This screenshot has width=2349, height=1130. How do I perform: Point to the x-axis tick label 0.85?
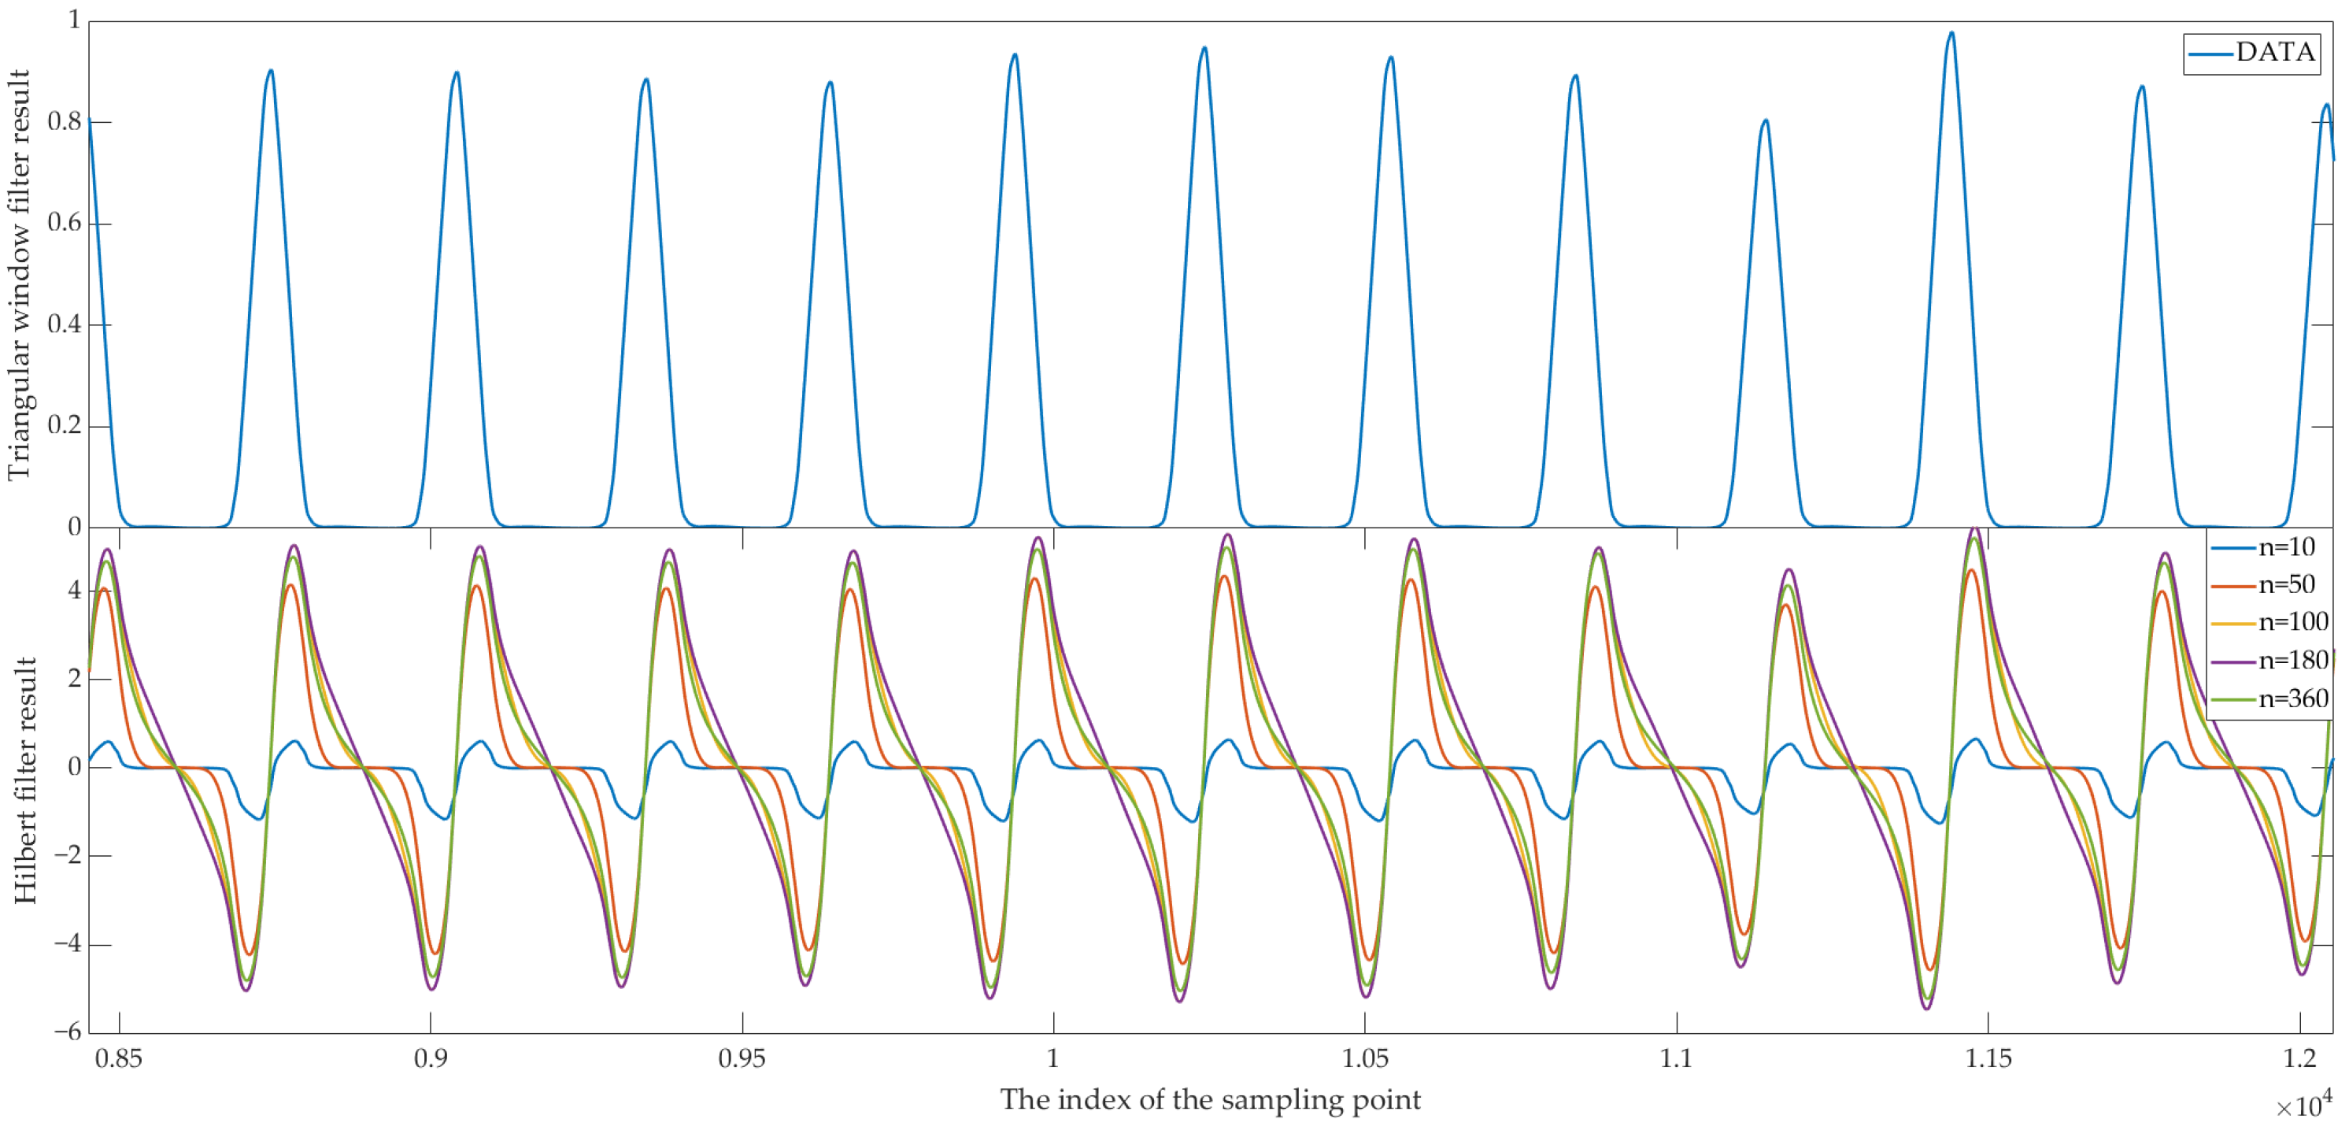(x=119, y=1059)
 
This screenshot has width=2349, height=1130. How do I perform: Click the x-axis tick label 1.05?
(x=1364, y=1059)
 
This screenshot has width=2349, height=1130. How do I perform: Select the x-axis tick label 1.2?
(x=2299, y=1059)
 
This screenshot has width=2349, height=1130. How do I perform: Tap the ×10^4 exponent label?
(x=2303, y=1105)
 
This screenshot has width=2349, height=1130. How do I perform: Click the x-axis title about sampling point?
(x=1210, y=1100)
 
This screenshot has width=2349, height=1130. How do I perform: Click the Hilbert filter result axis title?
(x=24, y=780)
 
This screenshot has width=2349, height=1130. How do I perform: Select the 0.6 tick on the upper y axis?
(x=64, y=224)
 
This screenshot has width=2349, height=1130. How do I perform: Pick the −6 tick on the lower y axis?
(x=68, y=1032)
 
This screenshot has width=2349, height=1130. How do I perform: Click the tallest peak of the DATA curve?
(x=1951, y=35)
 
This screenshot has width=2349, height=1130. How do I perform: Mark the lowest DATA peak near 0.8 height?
(x=1766, y=121)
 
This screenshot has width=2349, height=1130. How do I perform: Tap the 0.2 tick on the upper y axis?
(x=64, y=426)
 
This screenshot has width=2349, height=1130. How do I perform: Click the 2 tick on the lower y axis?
(x=75, y=679)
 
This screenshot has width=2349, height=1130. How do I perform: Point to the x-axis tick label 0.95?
(x=742, y=1059)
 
